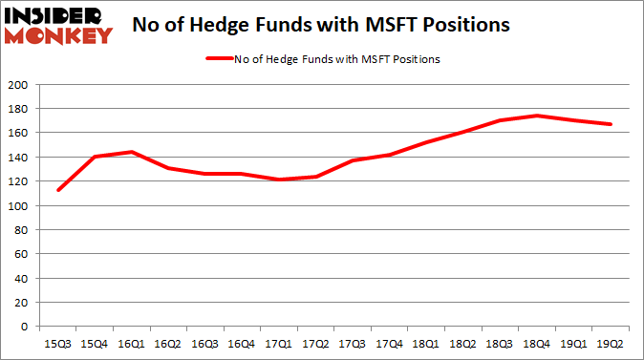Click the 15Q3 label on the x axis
[x=58, y=340]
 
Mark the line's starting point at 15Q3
[x=58, y=190]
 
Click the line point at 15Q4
[x=94, y=157]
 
